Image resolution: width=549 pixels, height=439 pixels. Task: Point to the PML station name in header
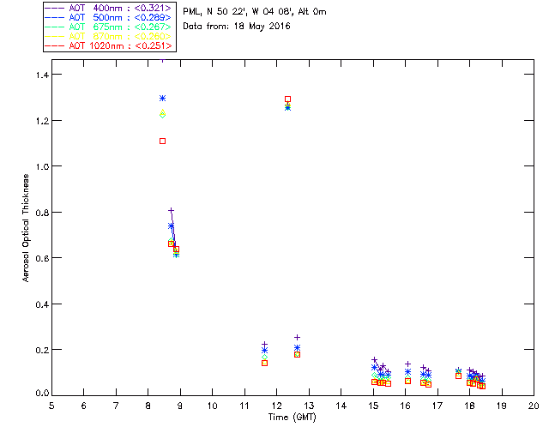coord(193,12)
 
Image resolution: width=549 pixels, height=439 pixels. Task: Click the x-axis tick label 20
coord(534,406)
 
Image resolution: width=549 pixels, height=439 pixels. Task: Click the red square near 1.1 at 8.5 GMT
coord(162,141)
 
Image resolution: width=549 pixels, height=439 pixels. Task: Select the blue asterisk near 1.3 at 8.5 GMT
coord(162,99)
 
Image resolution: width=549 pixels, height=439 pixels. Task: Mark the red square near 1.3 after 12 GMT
coord(287,99)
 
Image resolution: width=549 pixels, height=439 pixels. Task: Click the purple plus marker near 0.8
coord(171,211)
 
